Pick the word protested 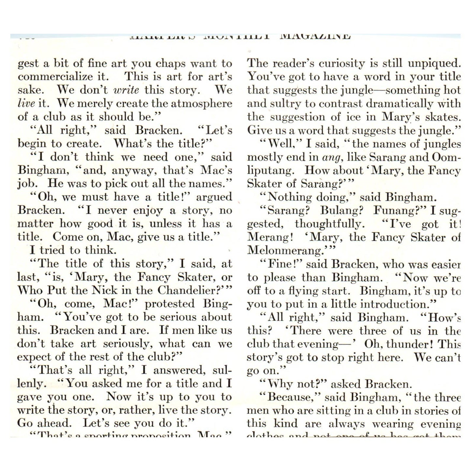click(169, 304)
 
